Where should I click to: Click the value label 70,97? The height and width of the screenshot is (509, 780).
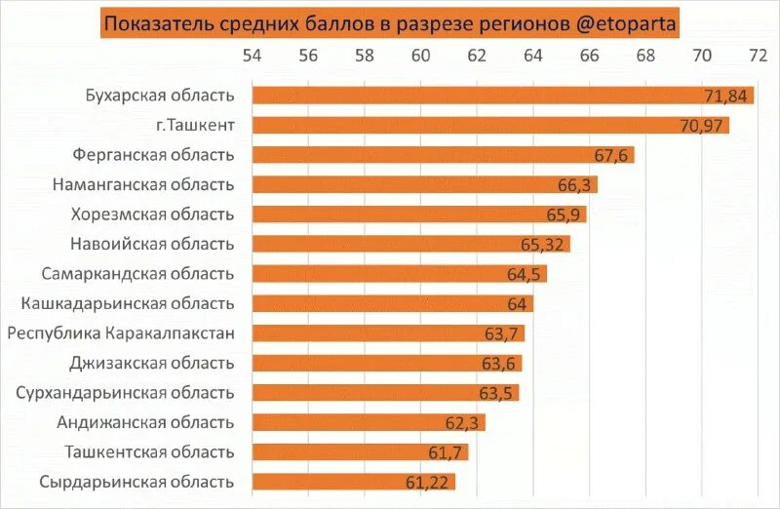pos(700,125)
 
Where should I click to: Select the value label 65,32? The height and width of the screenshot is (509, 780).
pos(543,244)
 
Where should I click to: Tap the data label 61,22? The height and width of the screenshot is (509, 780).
pos(429,482)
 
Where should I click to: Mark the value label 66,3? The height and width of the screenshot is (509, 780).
pos(574,184)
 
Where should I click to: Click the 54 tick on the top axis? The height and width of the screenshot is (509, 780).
pos(253,56)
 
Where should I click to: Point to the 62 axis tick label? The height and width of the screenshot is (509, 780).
pos(477,56)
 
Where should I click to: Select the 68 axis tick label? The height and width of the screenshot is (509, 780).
pos(645,56)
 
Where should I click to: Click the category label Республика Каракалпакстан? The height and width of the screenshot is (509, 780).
pos(121,333)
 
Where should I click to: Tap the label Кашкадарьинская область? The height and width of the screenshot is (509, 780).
pos(127,303)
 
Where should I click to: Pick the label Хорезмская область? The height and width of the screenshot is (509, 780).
pos(152,215)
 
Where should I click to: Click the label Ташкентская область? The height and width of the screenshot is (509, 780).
pos(149,452)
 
